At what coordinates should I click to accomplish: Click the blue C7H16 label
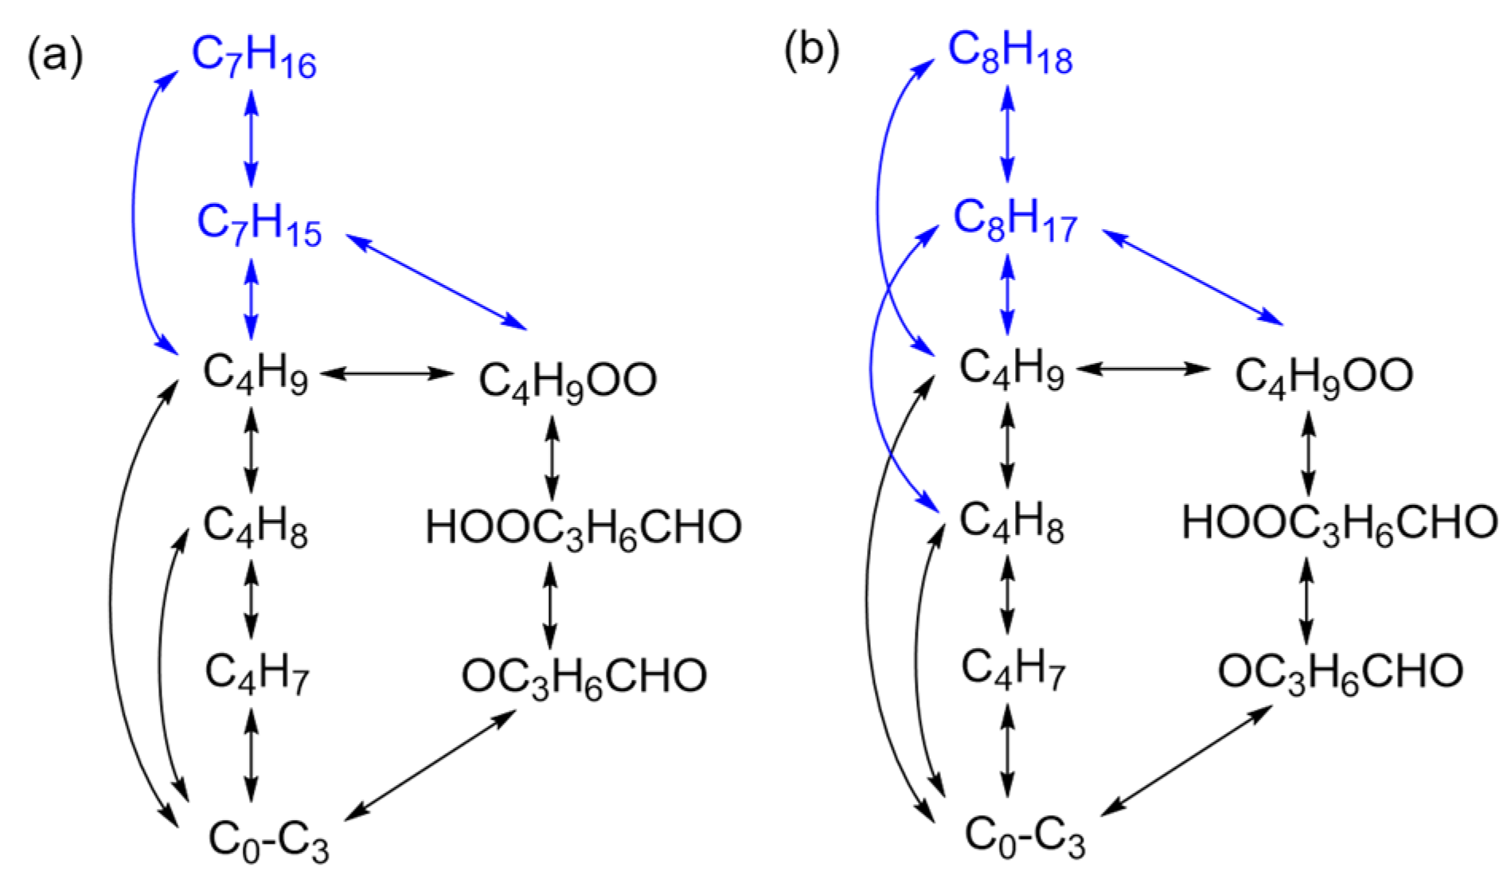pyautogui.click(x=254, y=57)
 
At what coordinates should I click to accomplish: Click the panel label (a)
pyautogui.click(x=55, y=57)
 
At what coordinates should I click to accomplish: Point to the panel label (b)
pyautogui.click(x=811, y=53)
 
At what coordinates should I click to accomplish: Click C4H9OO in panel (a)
pyautogui.click(x=568, y=380)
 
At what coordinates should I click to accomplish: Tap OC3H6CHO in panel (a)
pyautogui.click(x=584, y=677)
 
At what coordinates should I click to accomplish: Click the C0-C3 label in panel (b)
pyautogui.click(x=1025, y=836)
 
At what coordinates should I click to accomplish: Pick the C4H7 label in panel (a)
pyautogui.click(x=256, y=674)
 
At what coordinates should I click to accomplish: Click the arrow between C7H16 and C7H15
pyautogui.click(x=252, y=137)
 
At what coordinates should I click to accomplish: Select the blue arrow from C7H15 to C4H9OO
pyautogui.click(x=437, y=281)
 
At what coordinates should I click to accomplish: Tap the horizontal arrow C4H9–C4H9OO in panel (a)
pyautogui.click(x=388, y=373)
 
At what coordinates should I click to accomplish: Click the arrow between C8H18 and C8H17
pyautogui.click(x=1008, y=133)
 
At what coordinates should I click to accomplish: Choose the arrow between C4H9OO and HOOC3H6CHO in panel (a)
pyautogui.click(x=552, y=457)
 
